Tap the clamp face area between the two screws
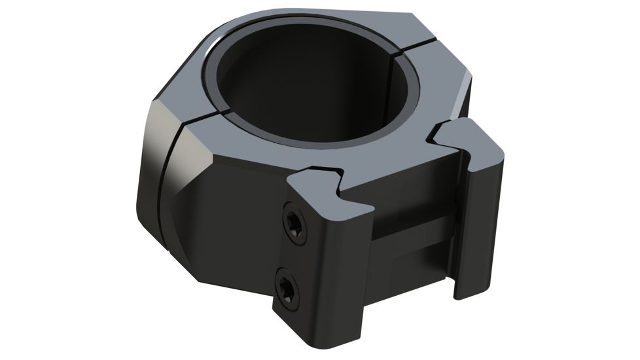click(x=292, y=255)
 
